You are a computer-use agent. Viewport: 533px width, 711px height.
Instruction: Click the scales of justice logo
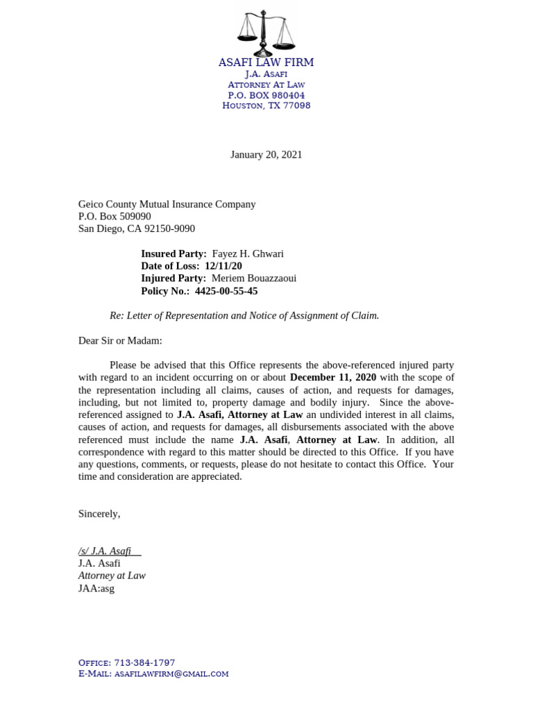pos(266,33)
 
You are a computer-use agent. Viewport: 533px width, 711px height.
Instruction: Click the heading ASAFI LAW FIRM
pos(266,62)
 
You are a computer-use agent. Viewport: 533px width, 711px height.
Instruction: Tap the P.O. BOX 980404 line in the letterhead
pos(266,95)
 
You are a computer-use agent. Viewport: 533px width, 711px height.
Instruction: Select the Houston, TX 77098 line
pos(266,106)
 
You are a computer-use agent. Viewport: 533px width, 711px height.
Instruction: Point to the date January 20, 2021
pos(266,155)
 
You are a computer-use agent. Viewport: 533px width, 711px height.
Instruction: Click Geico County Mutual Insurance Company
pos(167,204)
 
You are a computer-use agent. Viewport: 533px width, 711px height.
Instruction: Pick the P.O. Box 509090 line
pos(115,216)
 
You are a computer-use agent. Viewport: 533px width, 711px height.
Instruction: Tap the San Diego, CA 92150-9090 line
pos(137,228)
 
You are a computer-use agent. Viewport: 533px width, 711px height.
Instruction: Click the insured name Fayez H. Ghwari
pos(248,254)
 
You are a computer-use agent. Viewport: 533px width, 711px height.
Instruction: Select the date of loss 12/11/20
pos(223,266)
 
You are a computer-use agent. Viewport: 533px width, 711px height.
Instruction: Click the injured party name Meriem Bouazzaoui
pos(254,278)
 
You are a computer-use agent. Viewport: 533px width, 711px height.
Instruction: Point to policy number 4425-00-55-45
pos(226,291)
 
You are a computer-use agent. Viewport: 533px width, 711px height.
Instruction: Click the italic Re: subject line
pos(244,315)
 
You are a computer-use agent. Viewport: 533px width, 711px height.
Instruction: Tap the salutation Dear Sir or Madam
pos(120,340)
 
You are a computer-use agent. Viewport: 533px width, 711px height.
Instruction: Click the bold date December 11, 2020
pos(333,377)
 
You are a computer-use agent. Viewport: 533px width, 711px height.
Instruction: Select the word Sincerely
pos(99,514)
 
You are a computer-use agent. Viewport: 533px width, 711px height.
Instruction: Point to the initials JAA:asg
pos(96,588)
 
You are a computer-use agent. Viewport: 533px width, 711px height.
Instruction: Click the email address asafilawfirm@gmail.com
pos(171,674)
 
